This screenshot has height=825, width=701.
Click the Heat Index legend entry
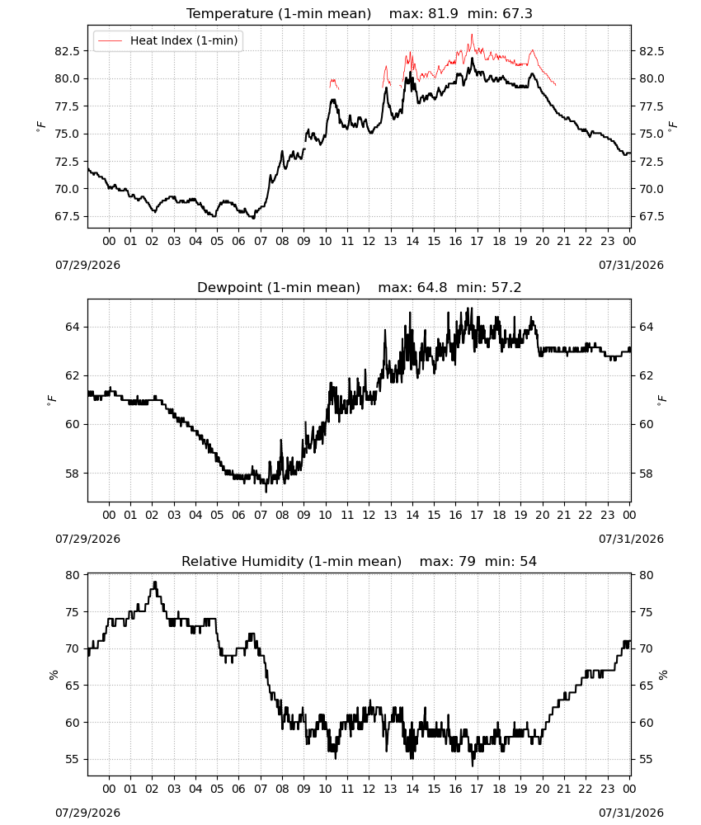[x=167, y=40]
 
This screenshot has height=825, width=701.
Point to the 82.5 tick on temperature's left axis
[x=68, y=51]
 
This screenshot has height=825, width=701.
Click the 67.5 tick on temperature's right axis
[x=652, y=217]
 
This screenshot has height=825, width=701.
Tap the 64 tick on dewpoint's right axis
[x=646, y=327]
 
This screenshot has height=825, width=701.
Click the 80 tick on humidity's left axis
[x=73, y=575]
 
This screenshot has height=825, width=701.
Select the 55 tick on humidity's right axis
[x=646, y=759]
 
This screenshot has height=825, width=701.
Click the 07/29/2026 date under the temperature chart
[x=87, y=265]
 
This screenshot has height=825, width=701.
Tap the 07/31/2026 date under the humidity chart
[x=631, y=813]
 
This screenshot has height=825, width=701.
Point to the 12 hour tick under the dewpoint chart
[x=369, y=515]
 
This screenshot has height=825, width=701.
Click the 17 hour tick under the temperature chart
[x=477, y=241]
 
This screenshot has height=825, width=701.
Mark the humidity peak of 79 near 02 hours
[x=154, y=582]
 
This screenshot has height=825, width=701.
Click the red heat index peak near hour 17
[x=473, y=35]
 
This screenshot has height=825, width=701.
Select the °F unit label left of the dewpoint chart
[x=51, y=401]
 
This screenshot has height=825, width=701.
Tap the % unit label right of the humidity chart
[x=663, y=675]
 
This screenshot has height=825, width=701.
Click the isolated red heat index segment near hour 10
[x=334, y=83]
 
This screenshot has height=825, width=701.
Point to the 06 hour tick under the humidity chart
[x=238, y=789]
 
